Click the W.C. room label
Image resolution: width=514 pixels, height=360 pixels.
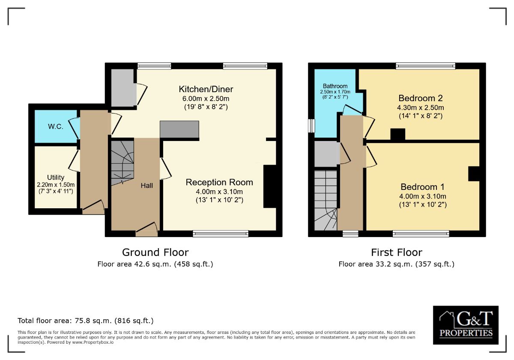tap(55, 127)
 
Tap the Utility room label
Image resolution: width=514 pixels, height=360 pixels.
tap(56, 177)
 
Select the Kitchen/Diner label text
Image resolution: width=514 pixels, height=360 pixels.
tap(206, 90)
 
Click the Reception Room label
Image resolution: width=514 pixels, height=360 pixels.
tap(219, 182)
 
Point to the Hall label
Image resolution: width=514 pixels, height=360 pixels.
tap(147, 186)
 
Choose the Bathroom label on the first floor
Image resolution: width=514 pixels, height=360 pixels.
tap(335, 86)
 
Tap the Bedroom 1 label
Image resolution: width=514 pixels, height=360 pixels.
tap(422, 187)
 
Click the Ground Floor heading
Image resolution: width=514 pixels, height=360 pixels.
tap(155, 252)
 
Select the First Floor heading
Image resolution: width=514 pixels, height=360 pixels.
tap(397, 252)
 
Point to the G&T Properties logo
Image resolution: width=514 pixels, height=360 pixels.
tap(466, 325)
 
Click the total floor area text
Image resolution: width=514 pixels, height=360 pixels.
tap(86, 321)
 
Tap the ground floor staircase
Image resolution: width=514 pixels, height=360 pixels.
tap(123, 162)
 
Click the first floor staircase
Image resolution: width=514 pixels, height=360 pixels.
tap(326, 200)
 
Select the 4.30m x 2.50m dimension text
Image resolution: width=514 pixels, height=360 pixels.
tap(421, 108)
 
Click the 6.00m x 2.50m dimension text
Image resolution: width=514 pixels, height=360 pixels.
tap(206, 99)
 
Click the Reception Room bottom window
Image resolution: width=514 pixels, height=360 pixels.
tap(221, 234)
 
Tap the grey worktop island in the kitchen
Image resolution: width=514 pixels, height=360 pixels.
tap(179, 129)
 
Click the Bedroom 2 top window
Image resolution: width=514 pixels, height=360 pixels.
tap(426, 66)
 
